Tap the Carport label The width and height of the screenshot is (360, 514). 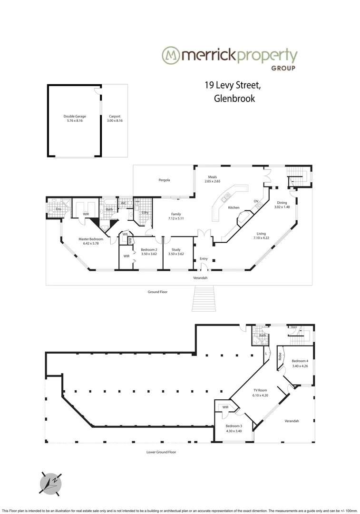(115, 116)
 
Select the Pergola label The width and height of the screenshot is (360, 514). (164, 180)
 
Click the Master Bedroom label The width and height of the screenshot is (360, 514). (91, 238)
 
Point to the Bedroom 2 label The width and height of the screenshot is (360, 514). (149, 249)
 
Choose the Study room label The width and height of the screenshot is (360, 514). (176, 249)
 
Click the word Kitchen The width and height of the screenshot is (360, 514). (234, 208)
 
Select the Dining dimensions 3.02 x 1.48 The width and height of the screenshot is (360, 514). (282, 207)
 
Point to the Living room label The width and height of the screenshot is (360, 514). (261, 233)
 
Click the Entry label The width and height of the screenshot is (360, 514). (204, 258)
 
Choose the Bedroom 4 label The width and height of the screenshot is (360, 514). (300, 361)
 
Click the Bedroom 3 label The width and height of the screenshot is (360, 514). (234, 425)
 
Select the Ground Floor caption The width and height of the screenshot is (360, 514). (158, 292)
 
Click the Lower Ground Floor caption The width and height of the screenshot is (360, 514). (161, 452)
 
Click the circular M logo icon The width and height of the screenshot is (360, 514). (171, 56)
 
